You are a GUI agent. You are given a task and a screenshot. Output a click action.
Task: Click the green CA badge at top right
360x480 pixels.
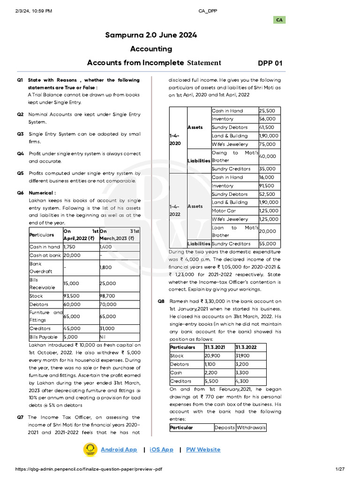pos(279,20)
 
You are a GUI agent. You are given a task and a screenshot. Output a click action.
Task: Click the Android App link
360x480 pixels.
pos(119,450)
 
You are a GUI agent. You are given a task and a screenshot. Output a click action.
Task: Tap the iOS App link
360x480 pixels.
pos(161,450)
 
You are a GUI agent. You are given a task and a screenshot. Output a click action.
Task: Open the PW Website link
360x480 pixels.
pos(203,450)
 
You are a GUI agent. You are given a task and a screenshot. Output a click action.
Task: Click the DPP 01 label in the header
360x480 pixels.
pos(270,63)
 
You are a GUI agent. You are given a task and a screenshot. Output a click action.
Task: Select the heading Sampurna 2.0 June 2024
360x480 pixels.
pos(150,35)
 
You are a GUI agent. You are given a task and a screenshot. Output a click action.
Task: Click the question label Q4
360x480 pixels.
pos(20,154)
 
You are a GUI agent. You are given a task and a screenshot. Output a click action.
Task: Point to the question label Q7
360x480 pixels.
pos(20,417)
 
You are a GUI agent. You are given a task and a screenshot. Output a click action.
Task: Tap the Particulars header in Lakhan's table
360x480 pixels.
pos(42,234)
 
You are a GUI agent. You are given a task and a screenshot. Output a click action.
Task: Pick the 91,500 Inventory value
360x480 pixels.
pos(268,186)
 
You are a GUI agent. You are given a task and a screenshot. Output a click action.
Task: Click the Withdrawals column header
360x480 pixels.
pos(251,427)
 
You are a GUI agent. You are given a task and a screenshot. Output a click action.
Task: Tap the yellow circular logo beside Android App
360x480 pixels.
pos(90,450)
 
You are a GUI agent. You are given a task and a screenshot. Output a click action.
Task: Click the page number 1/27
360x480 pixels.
pos(339,470)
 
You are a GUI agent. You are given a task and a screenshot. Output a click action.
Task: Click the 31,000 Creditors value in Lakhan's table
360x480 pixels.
pos(108,329)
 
